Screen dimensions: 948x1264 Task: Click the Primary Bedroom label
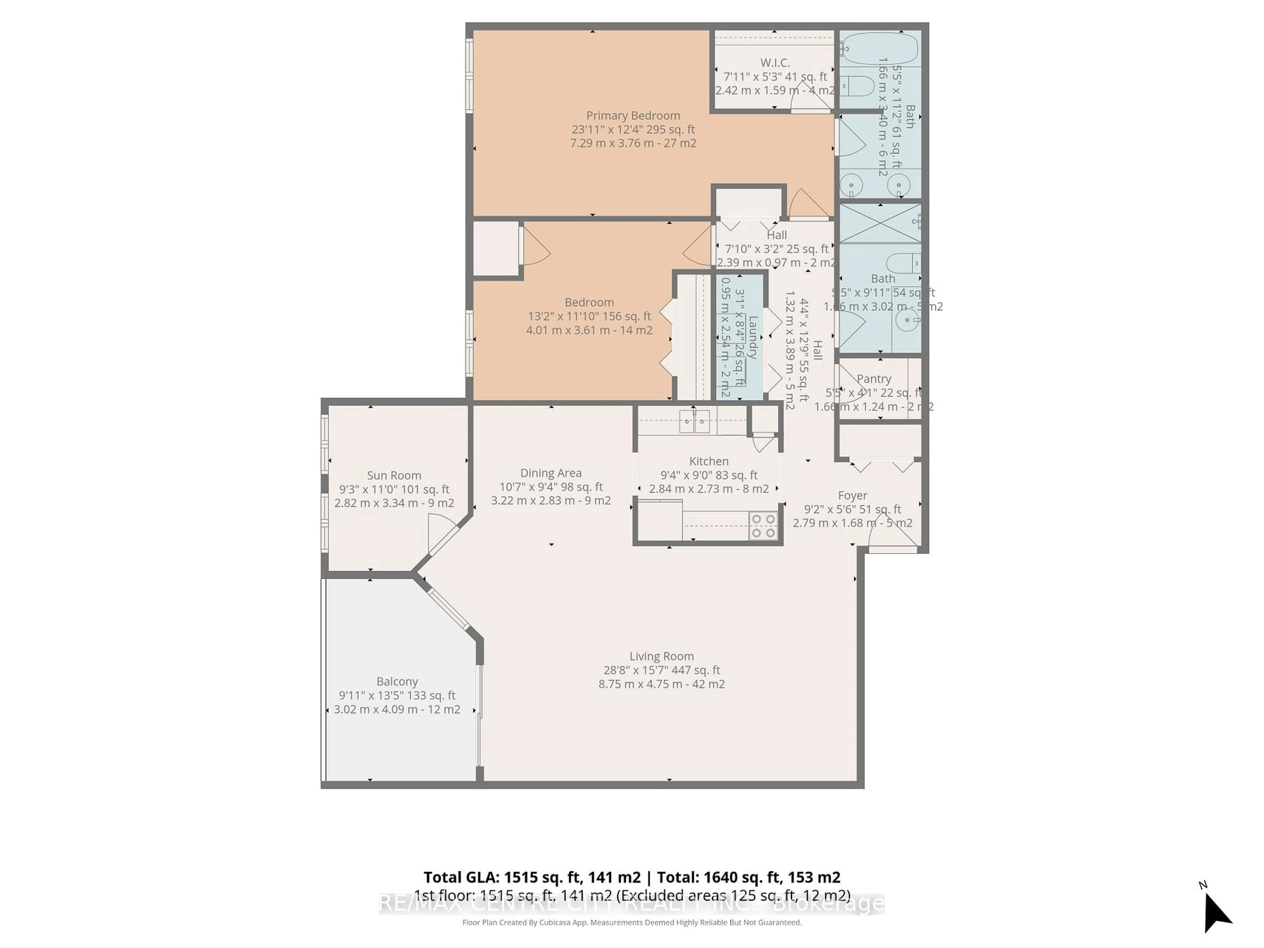(x=633, y=116)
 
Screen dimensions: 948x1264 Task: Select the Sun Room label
(x=394, y=475)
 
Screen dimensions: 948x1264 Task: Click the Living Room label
(x=661, y=656)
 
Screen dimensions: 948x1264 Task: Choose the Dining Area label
(x=550, y=473)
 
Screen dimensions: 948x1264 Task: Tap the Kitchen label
(x=709, y=461)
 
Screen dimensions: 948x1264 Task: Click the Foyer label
(x=852, y=495)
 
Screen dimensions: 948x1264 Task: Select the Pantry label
(x=874, y=379)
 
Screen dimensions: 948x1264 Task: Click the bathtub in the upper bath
(x=880, y=49)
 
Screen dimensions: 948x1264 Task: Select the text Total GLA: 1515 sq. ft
(x=531, y=878)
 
